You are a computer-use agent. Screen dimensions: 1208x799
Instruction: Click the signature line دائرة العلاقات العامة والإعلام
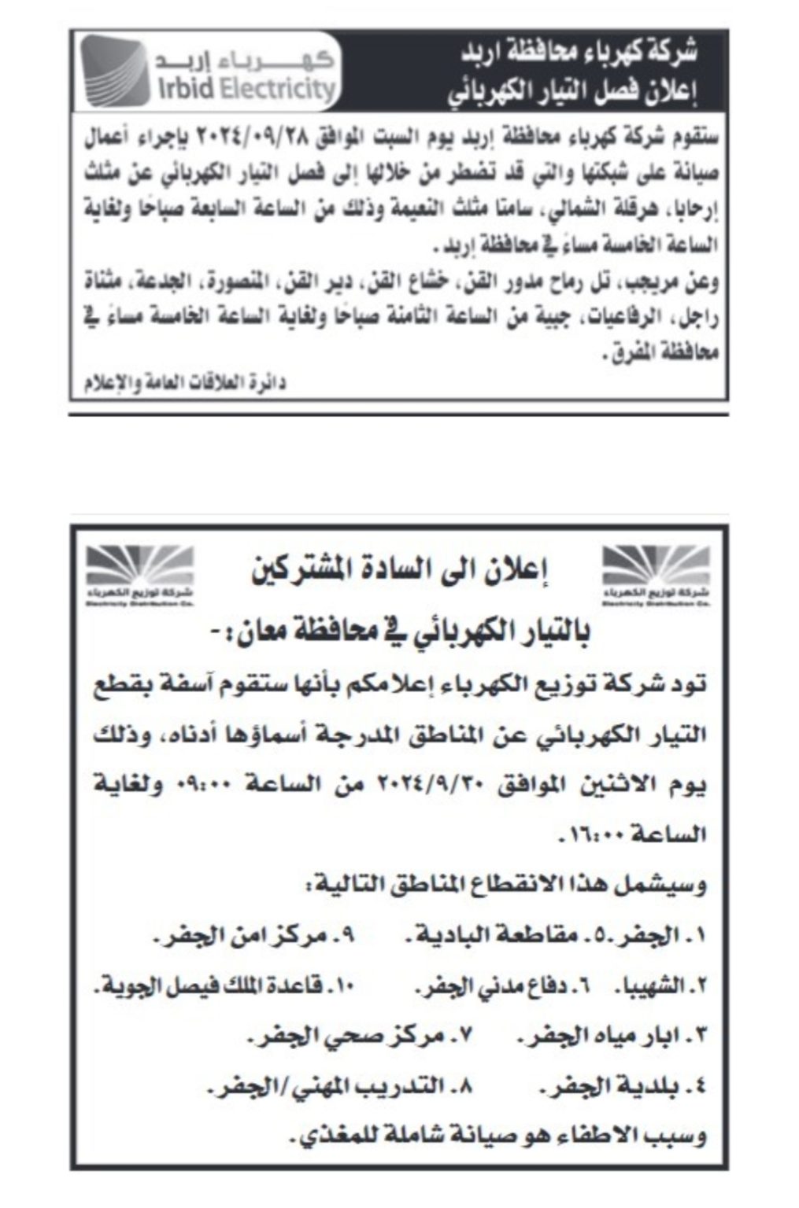[186, 385]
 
